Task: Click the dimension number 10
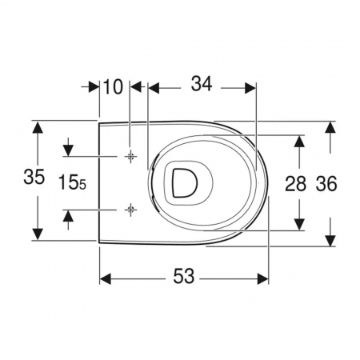pyautogui.click(x=113, y=87)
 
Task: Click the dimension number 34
pyautogui.click(x=202, y=84)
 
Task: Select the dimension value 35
pyautogui.click(x=34, y=177)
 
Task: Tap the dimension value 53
pyautogui.click(x=184, y=277)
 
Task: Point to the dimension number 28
pyautogui.click(x=295, y=184)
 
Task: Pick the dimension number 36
pyautogui.click(x=326, y=184)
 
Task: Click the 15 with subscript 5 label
pyautogui.click(x=72, y=182)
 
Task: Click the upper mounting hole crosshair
pyautogui.click(x=130, y=156)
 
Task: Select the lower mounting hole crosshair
pyautogui.click(x=130, y=210)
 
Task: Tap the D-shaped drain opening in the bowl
pyautogui.click(x=185, y=183)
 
